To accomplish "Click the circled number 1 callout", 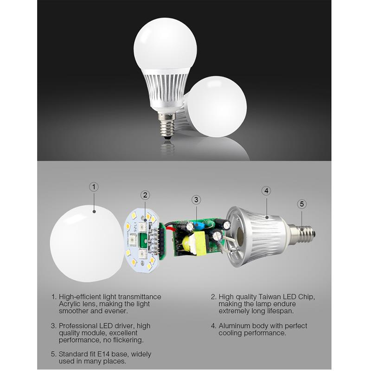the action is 94,187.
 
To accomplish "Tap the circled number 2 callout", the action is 145,195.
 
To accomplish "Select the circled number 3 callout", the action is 196,200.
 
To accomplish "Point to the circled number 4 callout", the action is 266,191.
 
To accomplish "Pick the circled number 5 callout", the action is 302,204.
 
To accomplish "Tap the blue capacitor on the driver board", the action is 196,224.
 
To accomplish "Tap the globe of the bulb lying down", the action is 217,107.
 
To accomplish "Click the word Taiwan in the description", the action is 270,297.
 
